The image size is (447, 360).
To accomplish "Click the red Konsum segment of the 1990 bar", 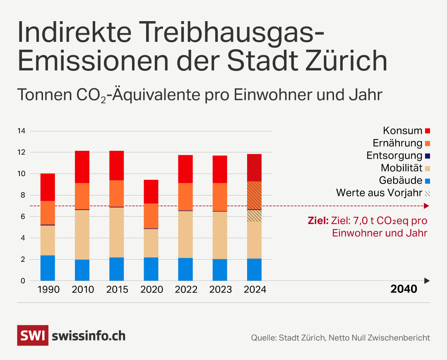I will pos(48,187).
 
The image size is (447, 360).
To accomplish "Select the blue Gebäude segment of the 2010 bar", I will pos(82,270).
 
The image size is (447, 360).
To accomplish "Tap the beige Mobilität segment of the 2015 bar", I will pos(116,232).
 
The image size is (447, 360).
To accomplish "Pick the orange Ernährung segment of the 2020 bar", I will pos(151,216).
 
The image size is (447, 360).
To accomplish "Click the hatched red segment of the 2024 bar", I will pos(254,168).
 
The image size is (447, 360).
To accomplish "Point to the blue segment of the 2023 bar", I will pos(220,270).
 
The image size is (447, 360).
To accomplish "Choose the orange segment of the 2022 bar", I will pos(185,197).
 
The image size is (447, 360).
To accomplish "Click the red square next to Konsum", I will pos(428,131).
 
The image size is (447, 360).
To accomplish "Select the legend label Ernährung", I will pos(397,143).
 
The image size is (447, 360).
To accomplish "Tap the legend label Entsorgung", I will pos(394,156).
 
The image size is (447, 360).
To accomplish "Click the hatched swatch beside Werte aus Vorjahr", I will pos(428,193).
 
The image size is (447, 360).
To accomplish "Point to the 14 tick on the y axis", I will pos(21,131).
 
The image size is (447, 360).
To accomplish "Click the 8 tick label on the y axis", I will pos(23,195).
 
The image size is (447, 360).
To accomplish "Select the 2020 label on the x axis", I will pos(151,290).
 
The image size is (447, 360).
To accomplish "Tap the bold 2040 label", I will pos(404,289).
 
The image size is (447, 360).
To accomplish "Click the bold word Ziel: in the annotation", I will pos(318,220).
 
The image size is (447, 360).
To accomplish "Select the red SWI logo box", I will pos(33,336).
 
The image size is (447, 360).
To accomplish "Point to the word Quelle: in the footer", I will pos(263,338).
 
